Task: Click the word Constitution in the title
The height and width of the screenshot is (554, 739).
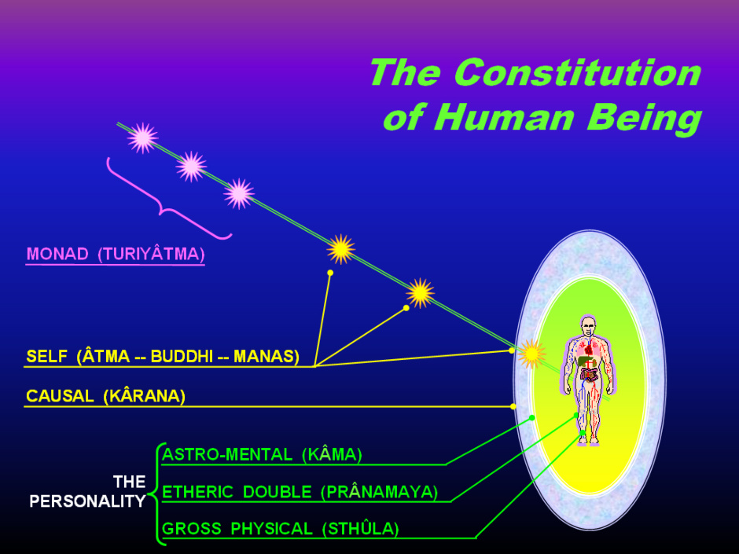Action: tap(579, 72)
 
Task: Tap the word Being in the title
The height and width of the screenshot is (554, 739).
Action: tap(645, 118)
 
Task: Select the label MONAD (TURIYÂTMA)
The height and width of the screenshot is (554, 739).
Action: tap(116, 254)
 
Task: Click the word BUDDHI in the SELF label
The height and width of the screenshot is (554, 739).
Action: tap(182, 356)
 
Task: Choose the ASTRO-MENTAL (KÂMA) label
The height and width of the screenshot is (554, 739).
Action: tap(262, 455)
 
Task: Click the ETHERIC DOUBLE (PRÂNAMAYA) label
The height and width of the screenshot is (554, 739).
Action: tap(300, 492)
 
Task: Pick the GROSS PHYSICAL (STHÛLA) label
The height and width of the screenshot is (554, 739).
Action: tap(281, 529)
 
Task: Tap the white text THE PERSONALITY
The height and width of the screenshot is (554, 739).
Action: tap(88, 491)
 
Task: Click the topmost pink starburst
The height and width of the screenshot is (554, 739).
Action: tap(142, 138)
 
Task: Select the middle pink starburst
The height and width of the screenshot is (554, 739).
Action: tap(191, 167)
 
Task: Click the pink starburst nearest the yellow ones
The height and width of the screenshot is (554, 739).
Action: tap(239, 193)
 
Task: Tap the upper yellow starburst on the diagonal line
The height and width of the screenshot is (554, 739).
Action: tap(340, 249)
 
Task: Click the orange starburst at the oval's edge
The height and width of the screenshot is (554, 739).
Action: tap(531, 354)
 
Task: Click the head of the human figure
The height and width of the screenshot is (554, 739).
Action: tap(588, 326)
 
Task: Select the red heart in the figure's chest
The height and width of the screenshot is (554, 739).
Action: tap(589, 349)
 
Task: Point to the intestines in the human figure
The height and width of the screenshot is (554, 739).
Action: tap(589, 375)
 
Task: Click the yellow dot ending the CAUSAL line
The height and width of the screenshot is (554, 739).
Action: tap(513, 406)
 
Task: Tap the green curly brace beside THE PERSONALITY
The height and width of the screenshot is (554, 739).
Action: tap(156, 494)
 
